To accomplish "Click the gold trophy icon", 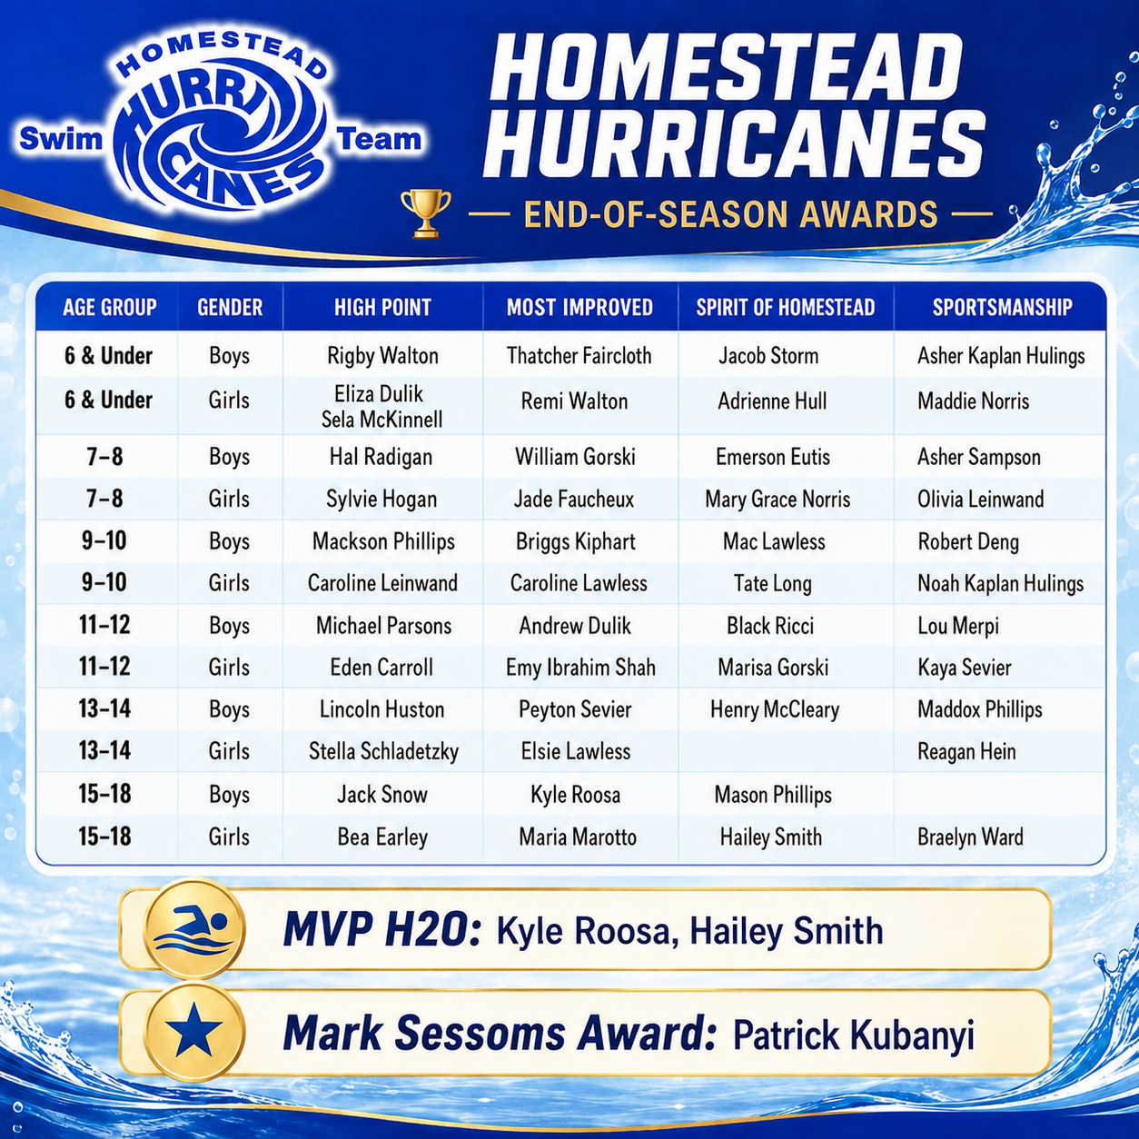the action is click(x=425, y=213).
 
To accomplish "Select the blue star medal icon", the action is click(x=193, y=1031).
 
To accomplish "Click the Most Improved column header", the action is click(x=579, y=307).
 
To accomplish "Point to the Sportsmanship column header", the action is click(x=1002, y=307).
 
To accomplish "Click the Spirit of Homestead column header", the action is click(x=785, y=307).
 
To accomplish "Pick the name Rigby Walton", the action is click(x=382, y=356).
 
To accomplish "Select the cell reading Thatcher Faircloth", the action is click(x=579, y=355).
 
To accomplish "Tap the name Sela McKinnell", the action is click(x=381, y=420).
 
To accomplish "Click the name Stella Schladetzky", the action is click(x=383, y=751).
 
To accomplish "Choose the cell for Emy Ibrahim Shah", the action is click(x=580, y=668).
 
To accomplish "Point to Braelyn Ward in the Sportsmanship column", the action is click(x=970, y=837).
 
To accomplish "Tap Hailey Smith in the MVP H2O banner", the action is click(x=787, y=932).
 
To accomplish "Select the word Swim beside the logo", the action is click(x=60, y=140).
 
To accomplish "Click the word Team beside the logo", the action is click(x=379, y=140).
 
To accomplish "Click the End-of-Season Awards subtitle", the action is click(x=730, y=214).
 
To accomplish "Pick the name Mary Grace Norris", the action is click(x=777, y=499).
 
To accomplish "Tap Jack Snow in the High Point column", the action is click(x=382, y=794).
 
